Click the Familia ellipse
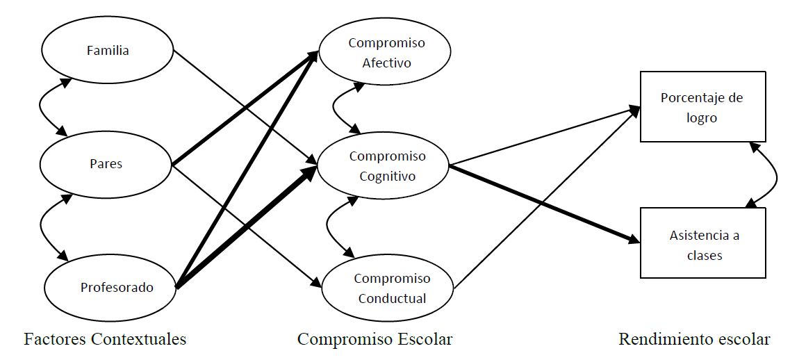107,51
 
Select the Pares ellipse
106,164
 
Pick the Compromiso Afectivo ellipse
386,53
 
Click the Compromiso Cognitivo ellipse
386,166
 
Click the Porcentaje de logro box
702,108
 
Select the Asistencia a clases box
703,245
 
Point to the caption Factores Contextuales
105,340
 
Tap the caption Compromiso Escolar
375,340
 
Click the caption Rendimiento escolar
694,340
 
